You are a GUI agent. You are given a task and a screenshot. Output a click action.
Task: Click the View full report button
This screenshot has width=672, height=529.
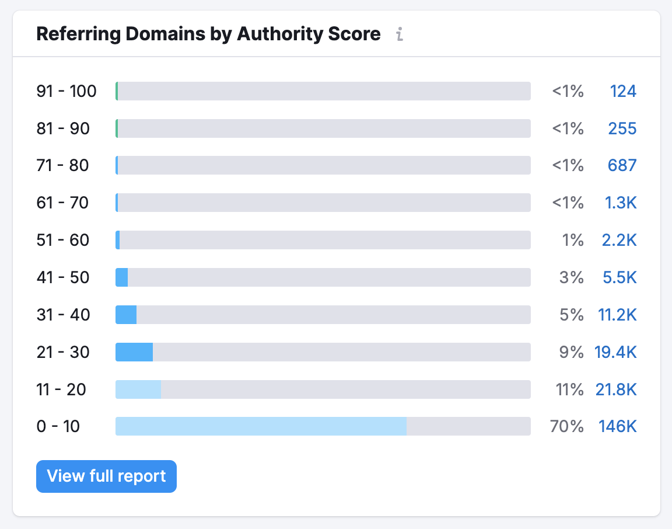(x=106, y=476)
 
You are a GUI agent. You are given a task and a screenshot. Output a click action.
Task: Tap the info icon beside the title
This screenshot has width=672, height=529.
(x=400, y=34)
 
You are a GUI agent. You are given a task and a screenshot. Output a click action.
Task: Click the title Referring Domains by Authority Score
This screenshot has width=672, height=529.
(x=208, y=34)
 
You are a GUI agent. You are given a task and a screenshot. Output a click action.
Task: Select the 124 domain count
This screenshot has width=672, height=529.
(x=623, y=91)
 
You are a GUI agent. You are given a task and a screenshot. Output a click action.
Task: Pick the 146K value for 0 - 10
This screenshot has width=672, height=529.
(x=617, y=426)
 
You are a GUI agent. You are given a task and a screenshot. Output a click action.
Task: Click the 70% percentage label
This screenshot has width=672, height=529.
(x=567, y=426)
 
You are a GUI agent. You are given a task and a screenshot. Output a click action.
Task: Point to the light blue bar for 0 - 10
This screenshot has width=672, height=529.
(x=261, y=426)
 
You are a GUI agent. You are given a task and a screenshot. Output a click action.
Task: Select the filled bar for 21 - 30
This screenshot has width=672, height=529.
(x=134, y=352)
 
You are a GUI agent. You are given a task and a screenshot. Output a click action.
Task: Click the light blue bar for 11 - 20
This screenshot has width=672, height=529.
(x=138, y=389)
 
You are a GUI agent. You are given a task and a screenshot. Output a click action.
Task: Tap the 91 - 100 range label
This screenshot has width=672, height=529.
(x=66, y=91)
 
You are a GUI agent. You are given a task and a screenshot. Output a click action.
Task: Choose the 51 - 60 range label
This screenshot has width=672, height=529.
(x=63, y=240)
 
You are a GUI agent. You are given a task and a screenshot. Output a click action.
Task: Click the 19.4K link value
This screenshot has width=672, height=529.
(x=615, y=352)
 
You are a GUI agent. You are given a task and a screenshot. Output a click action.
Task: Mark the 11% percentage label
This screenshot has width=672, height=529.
(x=570, y=389)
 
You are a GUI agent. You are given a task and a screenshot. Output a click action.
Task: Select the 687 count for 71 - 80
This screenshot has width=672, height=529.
(x=622, y=165)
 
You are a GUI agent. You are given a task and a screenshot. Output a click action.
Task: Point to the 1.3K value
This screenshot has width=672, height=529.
(x=620, y=203)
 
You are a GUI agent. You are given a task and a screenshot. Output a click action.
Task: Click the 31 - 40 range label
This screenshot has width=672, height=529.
(x=63, y=315)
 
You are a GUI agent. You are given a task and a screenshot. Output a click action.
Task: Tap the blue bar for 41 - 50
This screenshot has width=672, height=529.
(x=122, y=277)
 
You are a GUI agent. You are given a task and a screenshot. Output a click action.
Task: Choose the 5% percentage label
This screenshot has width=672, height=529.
(x=572, y=315)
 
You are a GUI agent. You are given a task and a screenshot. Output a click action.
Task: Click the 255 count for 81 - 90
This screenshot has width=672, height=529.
(x=622, y=128)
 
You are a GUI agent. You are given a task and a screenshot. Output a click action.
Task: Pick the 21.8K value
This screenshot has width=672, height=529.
(x=615, y=389)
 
